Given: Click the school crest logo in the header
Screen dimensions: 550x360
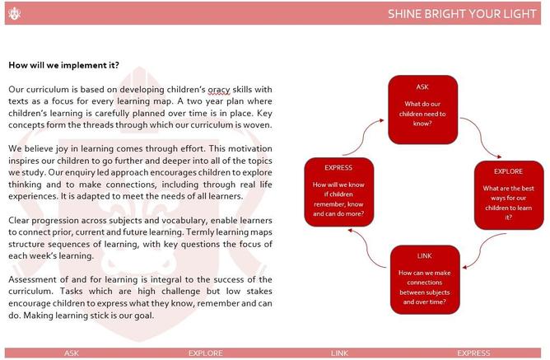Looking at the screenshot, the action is click(14, 14).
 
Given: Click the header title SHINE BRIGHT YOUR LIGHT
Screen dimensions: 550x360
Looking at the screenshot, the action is click(462, 14).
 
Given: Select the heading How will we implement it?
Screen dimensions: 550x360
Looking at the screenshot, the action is click(64, 65).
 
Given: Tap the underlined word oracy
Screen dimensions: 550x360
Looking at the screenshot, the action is click(219, 90).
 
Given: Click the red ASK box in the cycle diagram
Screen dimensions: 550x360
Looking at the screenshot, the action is click(422, 110).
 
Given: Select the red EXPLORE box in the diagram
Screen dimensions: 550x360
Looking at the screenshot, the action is click(509, 195).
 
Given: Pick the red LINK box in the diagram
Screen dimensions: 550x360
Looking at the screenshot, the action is click(425, 279).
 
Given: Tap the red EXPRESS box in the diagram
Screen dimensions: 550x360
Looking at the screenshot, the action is click(339, 192).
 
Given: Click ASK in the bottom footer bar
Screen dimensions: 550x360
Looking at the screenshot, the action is click(72, 353).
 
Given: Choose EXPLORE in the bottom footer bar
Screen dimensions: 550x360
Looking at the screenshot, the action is click(206, 353).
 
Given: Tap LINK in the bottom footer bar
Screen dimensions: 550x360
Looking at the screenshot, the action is click(339, 353).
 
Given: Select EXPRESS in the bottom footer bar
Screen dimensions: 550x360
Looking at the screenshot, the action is click(473, 353).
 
